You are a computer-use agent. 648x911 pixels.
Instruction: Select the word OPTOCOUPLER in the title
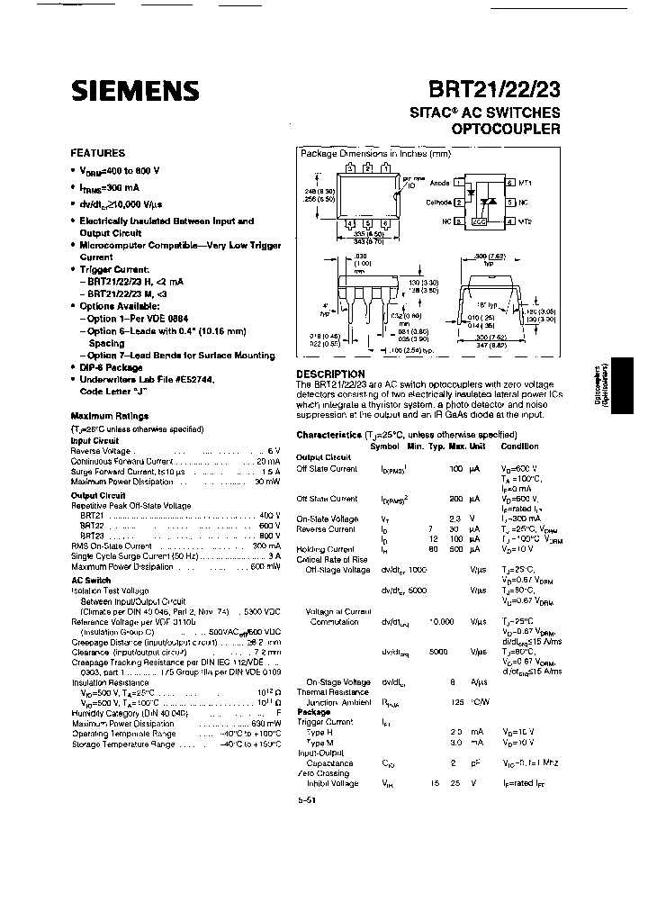coord(507,129)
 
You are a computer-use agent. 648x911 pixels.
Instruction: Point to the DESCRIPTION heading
coord(330,374)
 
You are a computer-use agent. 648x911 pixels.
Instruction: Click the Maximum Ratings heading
coord(110,416)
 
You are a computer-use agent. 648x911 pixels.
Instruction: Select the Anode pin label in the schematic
coord(439,182)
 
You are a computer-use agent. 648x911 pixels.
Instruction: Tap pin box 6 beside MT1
coord(510,182)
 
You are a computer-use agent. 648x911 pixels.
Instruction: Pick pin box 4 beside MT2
coord(510,221)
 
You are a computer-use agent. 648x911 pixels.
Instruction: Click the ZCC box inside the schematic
coord(480,221)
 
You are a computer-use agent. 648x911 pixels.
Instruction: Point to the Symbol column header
coord(384,446)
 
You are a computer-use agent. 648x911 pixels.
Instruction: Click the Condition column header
coord(520,446)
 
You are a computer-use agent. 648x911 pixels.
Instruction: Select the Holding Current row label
coord(325,548)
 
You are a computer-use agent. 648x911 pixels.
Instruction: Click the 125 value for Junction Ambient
coord(456,701)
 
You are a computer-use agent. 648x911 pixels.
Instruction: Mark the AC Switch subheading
coord(91,580)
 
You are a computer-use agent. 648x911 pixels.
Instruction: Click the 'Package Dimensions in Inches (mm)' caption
coord(375,154)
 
